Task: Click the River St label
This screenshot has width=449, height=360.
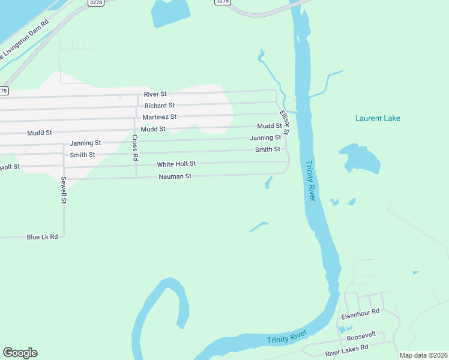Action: [155, 94]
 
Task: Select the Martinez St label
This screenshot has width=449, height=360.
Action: [159, 117]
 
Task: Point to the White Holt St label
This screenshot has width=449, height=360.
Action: [176, 164]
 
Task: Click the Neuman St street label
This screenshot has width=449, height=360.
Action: [175, 177]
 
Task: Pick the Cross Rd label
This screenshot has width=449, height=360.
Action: [136, 147]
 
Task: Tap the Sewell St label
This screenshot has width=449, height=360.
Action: [63, 191]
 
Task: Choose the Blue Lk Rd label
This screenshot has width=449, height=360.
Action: [42, 237]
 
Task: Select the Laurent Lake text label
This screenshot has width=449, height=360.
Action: [378, 118]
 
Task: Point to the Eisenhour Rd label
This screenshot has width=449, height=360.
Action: [360, 313]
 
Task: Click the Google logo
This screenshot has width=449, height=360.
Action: [20, 353]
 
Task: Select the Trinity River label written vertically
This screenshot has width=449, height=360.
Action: [310, 181]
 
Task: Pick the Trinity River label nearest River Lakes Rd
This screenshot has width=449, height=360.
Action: [287, 338]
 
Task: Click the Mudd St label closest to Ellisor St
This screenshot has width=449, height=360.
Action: [269, 126]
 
